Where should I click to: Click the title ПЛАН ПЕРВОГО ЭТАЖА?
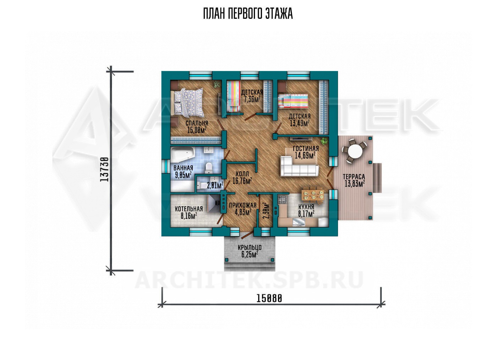pos(248,13)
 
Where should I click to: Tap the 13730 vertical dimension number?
pos(104,170)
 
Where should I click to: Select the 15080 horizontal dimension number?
pos(269,298)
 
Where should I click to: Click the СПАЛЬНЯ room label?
pos(197,123)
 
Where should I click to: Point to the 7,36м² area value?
pos(252,99)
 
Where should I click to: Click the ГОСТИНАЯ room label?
pos(306,148)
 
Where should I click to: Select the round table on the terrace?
pos(355,152)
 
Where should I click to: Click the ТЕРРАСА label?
pos(354,177)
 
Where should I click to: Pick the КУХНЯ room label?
pos(306,207)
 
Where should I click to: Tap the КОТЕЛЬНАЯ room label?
pos(189,209)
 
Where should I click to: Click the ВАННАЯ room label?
pos(183,168)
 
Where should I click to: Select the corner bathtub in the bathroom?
pos(182,155)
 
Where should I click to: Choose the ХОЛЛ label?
pos(242,174)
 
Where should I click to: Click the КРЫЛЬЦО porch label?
pos(250,247)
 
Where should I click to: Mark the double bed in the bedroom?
pos(189,103)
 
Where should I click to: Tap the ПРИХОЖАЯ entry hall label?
pos(243,205)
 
